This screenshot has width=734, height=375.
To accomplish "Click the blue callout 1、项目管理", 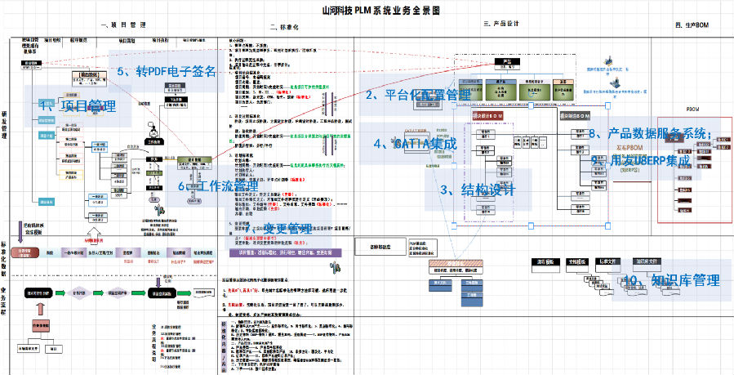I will click(x=78, y=105).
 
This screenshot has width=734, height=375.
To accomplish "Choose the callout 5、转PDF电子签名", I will click(x=167, y=71).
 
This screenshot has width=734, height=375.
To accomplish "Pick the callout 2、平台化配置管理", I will click(x=417, y=95).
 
